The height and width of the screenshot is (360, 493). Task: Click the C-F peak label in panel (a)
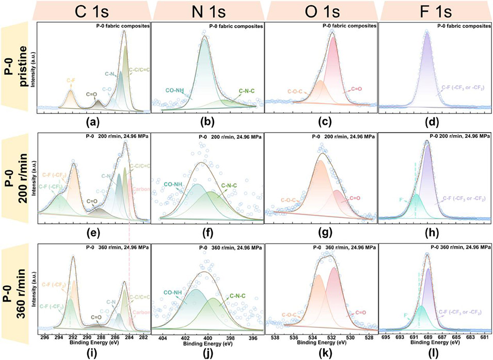coord(71,80)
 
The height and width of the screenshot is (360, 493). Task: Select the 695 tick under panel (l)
coord(385,338)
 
